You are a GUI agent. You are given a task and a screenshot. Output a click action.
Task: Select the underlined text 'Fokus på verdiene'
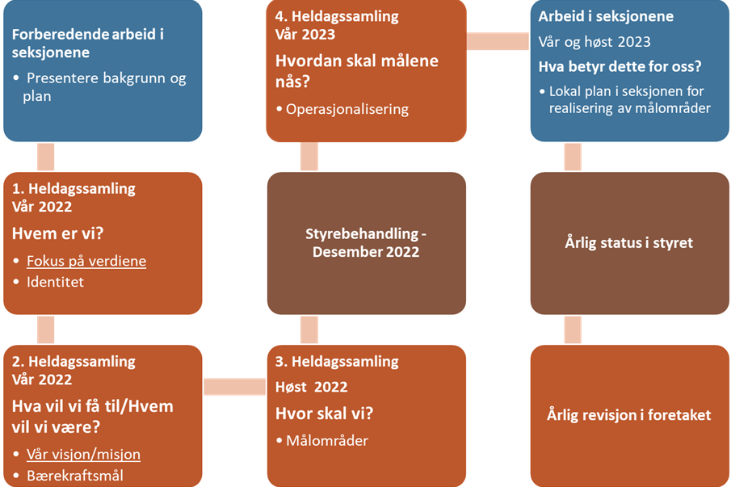click(x=86, y=262)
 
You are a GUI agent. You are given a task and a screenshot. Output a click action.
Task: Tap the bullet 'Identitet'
click(x=55, y=282)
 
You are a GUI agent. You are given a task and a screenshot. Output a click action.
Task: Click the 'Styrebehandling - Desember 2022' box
click(x=366, y=243)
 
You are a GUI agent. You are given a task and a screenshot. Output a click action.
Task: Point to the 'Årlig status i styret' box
click(x=629, y=242)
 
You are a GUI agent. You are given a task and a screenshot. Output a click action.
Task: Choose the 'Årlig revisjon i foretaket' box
click(x=629, y=415)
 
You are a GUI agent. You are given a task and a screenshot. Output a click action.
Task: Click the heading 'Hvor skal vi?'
click(x=325, y=414)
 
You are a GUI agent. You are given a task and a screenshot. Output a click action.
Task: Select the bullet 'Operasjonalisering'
click(x=347, y=109)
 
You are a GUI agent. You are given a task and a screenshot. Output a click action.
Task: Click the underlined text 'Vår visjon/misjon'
click(x=83, y=455)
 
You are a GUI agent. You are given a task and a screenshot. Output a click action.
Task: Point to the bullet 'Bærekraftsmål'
click(x=75, y=475)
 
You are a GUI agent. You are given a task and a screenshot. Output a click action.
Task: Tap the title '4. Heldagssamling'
click(x=337, y=17)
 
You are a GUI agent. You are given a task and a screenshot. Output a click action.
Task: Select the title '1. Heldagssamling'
click(x=74, y=189)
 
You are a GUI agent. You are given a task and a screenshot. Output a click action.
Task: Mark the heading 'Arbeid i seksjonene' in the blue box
click(x=606, y=17)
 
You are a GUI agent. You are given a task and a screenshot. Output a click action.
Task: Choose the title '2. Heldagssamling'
click(x=74, y=362)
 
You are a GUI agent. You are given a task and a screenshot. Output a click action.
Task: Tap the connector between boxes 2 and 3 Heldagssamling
click(x=234, y=388)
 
